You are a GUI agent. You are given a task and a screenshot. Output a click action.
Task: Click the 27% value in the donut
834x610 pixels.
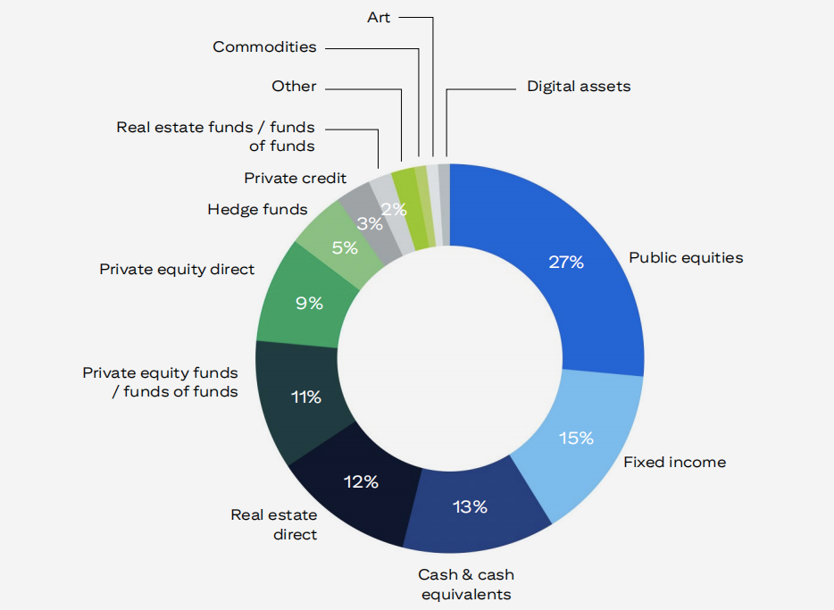tap(566, 262)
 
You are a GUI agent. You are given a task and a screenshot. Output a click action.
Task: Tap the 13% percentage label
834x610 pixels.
tap(470, 507)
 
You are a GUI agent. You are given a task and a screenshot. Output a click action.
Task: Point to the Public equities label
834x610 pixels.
tap(686, 258)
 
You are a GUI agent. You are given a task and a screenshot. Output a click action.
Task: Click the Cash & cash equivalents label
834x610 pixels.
tap(466, 584)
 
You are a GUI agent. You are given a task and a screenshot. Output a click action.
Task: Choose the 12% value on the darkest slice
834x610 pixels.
tap(361, 481)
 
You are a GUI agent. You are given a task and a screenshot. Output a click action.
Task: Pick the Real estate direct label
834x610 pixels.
tap(274, 524)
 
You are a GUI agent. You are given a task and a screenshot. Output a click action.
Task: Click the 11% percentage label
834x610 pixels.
tap(305, 397)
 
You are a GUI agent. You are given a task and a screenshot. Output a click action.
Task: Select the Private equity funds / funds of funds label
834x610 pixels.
tap(161, 382)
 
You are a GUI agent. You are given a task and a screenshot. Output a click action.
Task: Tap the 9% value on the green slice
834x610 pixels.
tap(309, 303)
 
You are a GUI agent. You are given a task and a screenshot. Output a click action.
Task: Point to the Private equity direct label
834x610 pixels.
tap(177, 269)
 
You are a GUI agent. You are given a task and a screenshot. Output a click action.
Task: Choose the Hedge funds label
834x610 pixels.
tap(257, 210)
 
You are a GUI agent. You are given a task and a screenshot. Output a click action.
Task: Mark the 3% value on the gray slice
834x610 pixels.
tap(369, 224)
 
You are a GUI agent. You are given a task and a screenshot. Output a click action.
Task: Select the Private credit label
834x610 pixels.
tap(296, 178)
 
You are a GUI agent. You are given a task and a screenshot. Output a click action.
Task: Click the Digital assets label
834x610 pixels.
tap(579, 87)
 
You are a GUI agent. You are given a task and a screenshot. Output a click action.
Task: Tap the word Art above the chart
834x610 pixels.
tap(379, 17)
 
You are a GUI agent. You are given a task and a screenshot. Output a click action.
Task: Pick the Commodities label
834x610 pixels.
tap(264, 46)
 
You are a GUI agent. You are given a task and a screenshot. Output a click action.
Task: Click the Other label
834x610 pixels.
tap(294, 87)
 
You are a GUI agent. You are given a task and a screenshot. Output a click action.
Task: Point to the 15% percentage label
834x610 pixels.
tap(576, 438)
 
